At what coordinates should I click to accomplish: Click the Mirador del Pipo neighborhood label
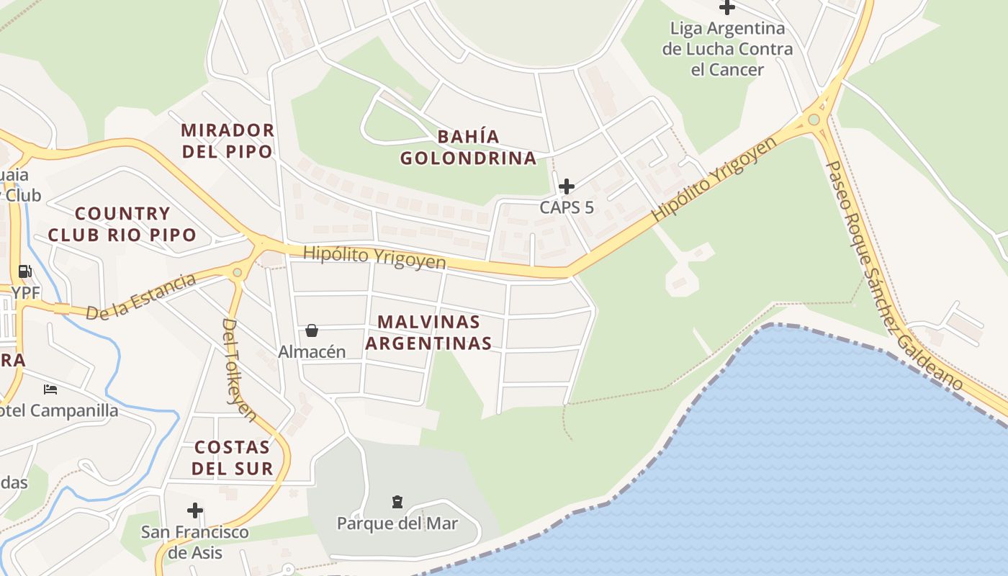[227, 140]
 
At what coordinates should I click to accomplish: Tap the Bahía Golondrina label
[468, 147]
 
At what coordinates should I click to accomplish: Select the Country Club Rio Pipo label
[122, 224]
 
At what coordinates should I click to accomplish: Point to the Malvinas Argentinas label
[428, 332]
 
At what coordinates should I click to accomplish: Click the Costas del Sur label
[234, 457]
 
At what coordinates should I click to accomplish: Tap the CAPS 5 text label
[567, 207]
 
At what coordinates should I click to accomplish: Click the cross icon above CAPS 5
[567, 186]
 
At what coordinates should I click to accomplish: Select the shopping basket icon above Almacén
[312, 330]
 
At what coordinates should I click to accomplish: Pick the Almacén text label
[312, 352]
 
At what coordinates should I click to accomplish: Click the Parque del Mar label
[397, 523]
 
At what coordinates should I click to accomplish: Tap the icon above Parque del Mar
[397, 501]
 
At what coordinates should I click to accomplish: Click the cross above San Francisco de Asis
[194, 510]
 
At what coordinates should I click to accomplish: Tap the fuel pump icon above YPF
[25, 271]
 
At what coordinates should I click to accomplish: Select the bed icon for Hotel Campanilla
[50, 390]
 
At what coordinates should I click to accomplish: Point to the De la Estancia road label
[140, 296]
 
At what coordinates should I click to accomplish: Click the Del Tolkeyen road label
[239, 369]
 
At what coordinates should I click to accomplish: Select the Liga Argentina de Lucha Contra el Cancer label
[727, 49]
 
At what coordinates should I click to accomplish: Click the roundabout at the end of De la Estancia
[238, 272]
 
